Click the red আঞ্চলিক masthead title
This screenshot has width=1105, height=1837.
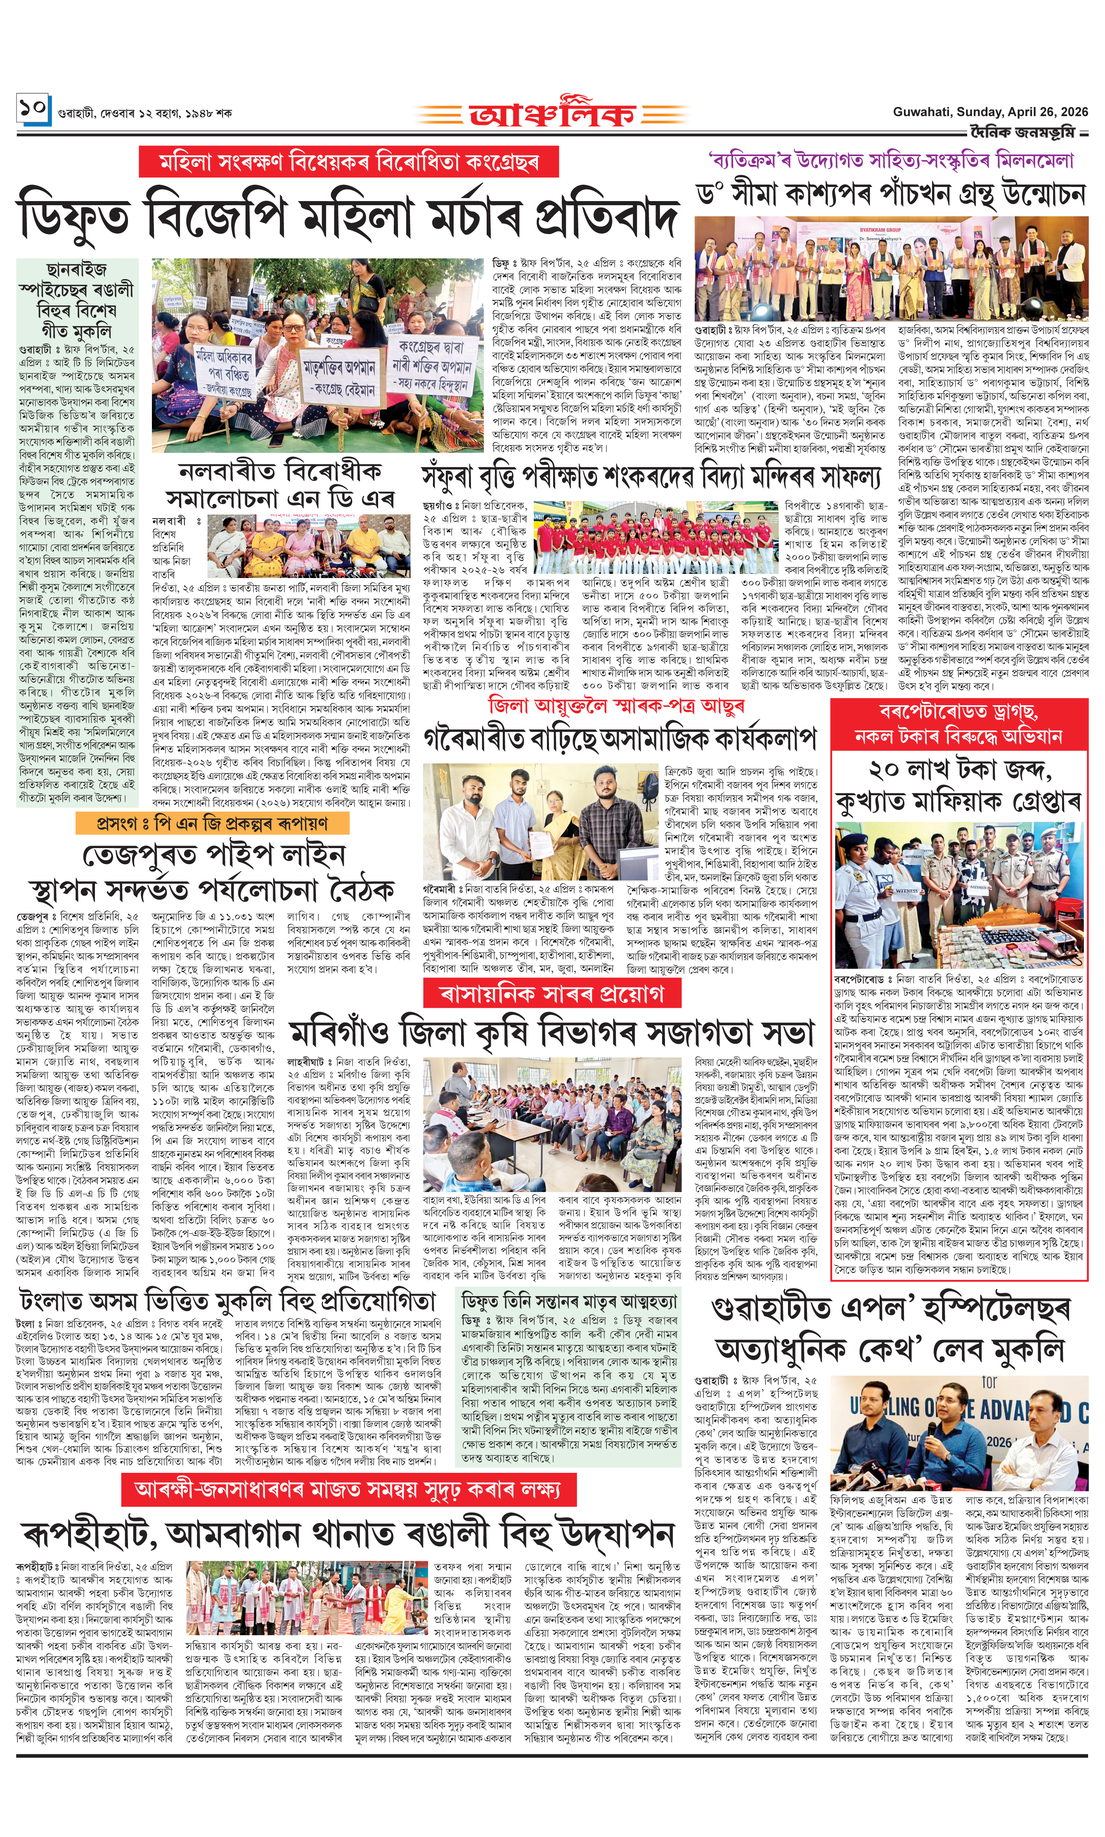(x=552, y=113)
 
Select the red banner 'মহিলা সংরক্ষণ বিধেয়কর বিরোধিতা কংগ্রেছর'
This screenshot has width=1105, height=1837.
(x=348, y=161)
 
